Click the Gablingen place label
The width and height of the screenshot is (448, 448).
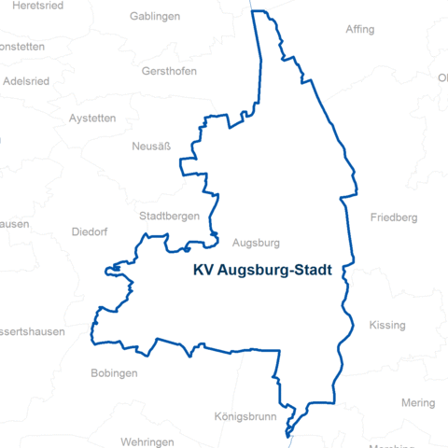(155, 17)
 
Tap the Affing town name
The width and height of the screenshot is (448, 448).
(360, 30)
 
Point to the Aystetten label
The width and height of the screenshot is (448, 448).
(92, 119)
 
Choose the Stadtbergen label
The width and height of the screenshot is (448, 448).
(169, 216)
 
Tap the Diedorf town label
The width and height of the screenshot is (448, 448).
(90, 231)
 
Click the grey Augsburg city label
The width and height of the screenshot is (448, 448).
(256, 243)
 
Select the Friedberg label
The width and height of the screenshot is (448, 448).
(393, 217)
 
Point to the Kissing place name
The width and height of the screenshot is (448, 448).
(387, 326)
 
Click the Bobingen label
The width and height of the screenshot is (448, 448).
(114, 373)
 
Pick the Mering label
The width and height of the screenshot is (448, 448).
(418, 403)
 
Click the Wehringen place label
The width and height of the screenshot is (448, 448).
(147, 441)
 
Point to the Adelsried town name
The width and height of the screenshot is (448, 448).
(27, 80)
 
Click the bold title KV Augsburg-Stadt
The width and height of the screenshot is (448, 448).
(269, 272)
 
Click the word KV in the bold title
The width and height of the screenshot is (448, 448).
(203, 272)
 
